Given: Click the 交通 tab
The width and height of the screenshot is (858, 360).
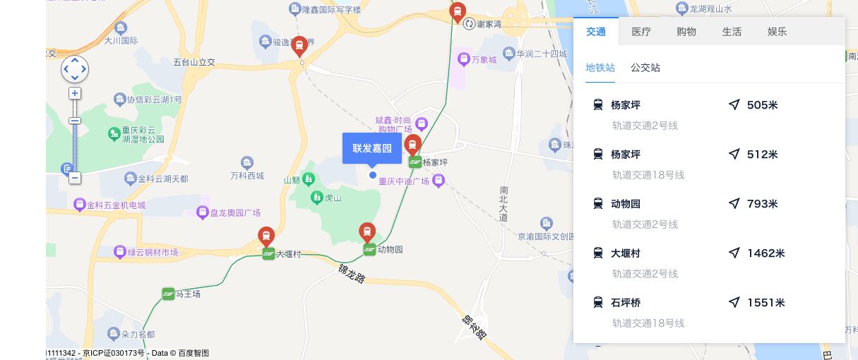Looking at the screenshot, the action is point(596,32).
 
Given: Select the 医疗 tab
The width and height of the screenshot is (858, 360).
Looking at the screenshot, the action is point(641,32).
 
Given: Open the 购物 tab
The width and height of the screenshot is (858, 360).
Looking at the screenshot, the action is point(686,32).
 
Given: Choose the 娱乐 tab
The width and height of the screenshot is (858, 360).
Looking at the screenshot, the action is point(777,32).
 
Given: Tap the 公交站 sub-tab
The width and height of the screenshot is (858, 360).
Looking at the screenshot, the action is point(645,68).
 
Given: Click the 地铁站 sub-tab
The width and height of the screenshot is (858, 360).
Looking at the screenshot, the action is point(600,68).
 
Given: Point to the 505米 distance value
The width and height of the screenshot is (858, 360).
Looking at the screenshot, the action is point(762,105).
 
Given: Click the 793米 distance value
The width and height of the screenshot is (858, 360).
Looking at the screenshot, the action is point(762,204).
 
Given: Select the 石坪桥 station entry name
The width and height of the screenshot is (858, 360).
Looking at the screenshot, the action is point(626,303).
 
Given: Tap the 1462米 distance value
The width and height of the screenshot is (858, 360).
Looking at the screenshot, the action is point(765,253).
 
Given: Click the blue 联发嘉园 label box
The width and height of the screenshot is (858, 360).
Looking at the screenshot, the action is point(372,148).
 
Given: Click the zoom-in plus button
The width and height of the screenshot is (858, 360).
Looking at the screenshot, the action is point(75,93).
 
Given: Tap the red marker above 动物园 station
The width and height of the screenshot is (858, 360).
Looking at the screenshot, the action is point(367,232).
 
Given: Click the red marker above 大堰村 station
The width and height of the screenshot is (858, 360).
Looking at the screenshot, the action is point(266,236).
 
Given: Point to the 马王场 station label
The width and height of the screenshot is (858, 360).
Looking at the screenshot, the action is point(188,294).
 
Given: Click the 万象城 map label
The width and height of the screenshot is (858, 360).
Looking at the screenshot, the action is point(484,60).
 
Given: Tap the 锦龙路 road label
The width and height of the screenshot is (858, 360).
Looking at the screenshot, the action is point(351,273).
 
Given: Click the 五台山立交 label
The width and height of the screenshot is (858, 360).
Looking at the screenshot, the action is point(193,62).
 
